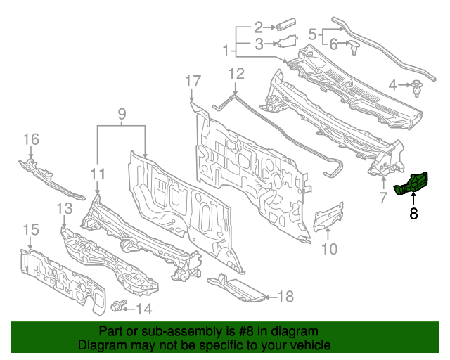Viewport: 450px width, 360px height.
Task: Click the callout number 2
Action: click(259, 27)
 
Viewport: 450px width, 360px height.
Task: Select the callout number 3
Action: click(259, 44)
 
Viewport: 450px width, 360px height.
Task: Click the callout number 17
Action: click(193, 82)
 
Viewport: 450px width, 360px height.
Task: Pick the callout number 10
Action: click(329, 248)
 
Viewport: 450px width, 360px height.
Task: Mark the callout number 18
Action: click(284, 297)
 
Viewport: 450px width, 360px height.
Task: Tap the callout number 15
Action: click(31, 229)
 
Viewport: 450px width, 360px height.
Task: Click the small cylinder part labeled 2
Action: click(285, 27)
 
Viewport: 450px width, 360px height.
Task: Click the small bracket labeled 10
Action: click(329, 217)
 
